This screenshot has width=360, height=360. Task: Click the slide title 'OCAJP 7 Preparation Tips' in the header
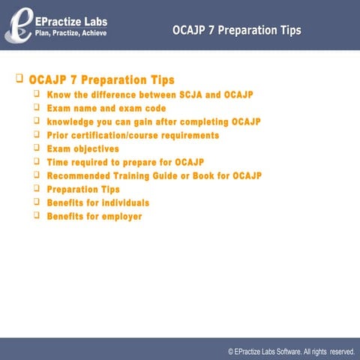click(236, 31)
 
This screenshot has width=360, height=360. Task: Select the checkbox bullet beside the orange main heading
click(19, 78)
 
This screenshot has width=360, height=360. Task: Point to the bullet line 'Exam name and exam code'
click(106, 109)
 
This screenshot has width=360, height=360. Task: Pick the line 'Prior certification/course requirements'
click(133, 136)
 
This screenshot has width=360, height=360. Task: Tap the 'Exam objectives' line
click(82, 149)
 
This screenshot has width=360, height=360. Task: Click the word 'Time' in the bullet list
click(58, 163)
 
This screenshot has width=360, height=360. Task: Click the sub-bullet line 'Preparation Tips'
click(83, 190)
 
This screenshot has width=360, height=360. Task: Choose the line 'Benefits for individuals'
click(97, 203)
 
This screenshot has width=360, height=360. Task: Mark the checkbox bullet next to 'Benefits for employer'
click(36, 216)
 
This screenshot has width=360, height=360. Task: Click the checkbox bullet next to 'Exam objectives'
click(36, 148)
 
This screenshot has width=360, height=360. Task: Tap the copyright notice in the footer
click(291, 350)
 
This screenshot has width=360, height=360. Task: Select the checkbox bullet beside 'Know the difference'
click(36, 94)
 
